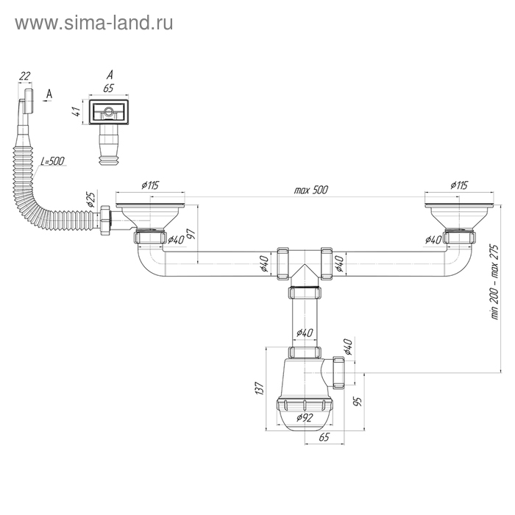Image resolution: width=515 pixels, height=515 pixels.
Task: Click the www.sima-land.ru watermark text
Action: pyautogui.click(x=94, y=24)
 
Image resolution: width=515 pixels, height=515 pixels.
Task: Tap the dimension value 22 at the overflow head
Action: pyautogui.click(x=25, y=77)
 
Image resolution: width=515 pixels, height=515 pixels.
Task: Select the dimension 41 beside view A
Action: pyautogui.click(x=74, y=113)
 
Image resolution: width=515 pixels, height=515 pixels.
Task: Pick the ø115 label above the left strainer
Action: pyautogui.click(x=149, y=186)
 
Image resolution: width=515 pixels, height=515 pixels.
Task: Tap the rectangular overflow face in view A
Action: pyautogui.click(x=108, y=113)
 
